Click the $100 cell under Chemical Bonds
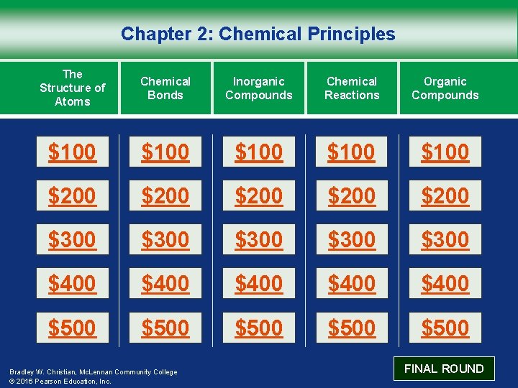click(x=165, y=152)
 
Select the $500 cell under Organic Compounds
click(x=445, y=328)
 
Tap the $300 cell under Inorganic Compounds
click(x=259, y=240)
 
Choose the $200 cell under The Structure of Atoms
click(x=72, y=196)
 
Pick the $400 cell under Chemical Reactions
click(x=352, y=284)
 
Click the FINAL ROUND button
click(x=444, y=369)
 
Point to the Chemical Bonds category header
click(x=165, y=88)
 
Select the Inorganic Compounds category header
click(x=259, y=88)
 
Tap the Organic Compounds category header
click(x=445, y=88)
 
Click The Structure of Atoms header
click(x=72, y=88)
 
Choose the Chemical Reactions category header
click(x=352, y=88)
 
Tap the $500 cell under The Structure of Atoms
click(x=72, y=328)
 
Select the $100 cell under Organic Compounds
click(x=445, y=152)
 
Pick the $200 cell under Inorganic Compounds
click(x=259, y=196)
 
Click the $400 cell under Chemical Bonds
click(x=165, y=284)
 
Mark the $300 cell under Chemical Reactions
click(x=352, y=240)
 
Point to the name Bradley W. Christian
click(x=41, y=372)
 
